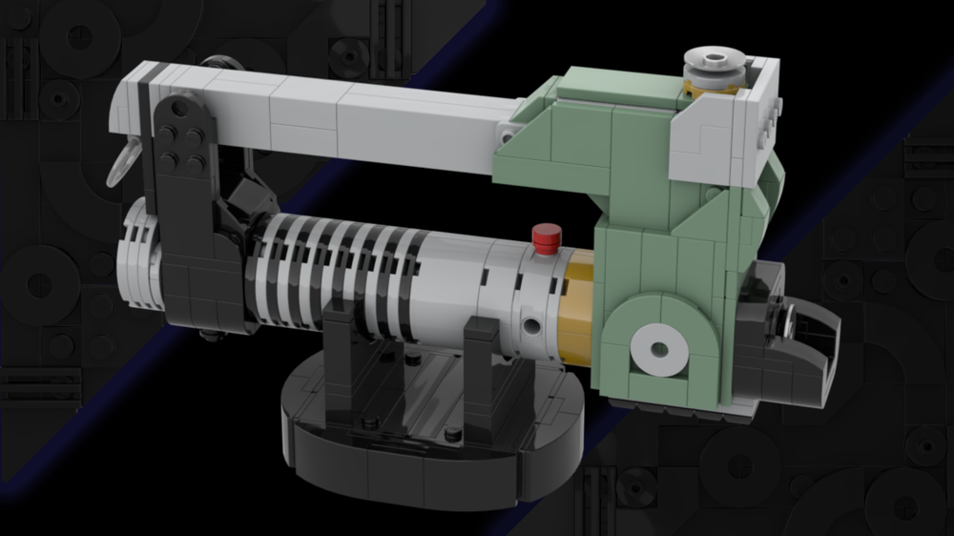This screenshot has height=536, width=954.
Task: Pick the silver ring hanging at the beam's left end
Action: click(120, 161)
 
